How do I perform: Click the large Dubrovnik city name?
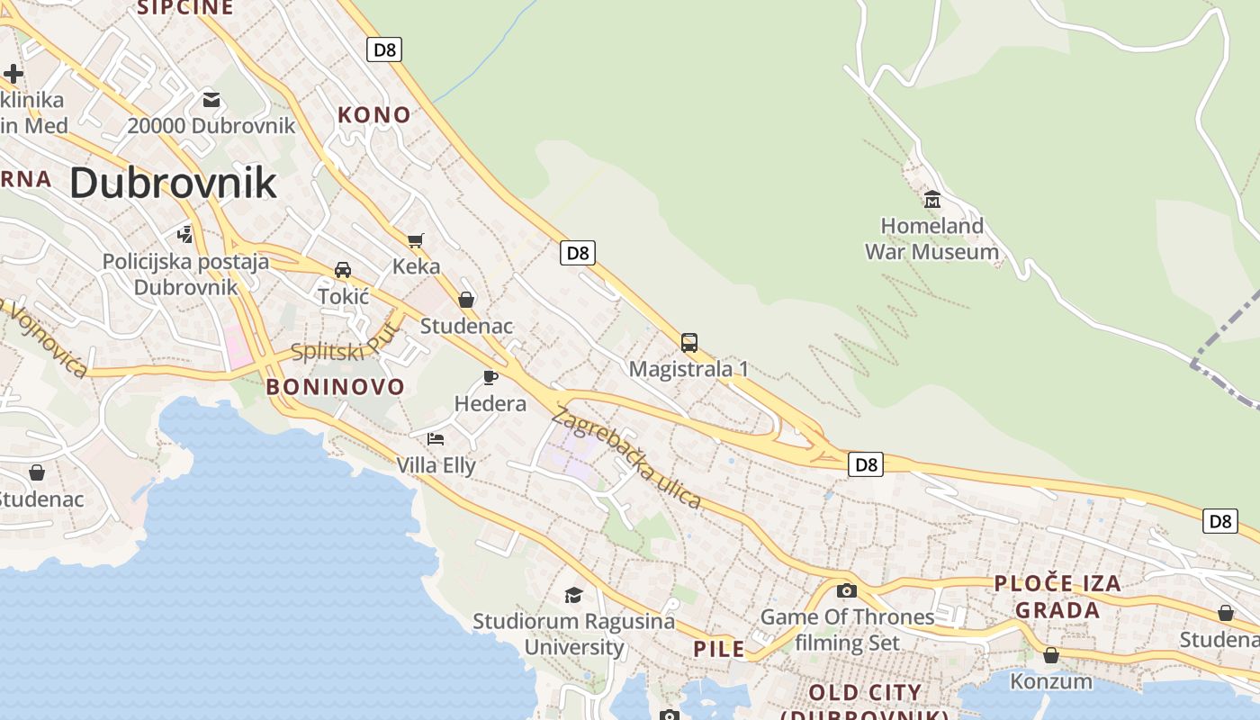173,183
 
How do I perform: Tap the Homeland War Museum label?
931,238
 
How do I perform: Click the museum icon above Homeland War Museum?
931,198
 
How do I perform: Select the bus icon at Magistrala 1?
688,343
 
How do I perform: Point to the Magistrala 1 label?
688,369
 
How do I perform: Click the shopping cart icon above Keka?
415,240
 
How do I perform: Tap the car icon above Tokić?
343,270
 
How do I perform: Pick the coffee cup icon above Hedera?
490,377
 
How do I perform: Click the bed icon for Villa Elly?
436,439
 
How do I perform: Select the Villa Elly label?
436,465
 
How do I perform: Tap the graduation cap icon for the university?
573,595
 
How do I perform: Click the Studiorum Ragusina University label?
574,634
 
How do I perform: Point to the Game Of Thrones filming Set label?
847,630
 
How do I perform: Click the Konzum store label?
1051,681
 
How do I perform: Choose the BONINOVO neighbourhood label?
336,387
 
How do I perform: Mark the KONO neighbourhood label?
373,115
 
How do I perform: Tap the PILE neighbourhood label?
719,649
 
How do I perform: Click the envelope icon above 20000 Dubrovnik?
211,100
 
